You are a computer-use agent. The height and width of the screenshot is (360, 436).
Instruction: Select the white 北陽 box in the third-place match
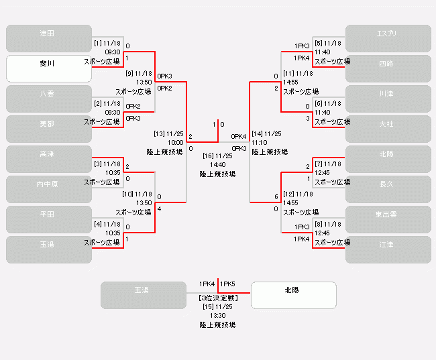point(293,295)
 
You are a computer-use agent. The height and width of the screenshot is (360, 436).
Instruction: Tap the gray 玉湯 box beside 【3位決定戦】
point(143,295)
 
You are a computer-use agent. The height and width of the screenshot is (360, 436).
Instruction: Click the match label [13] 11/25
point(168,134)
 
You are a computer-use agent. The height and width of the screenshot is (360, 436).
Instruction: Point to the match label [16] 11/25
point(217,156)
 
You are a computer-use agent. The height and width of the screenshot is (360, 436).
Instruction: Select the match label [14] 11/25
point(266,134)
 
